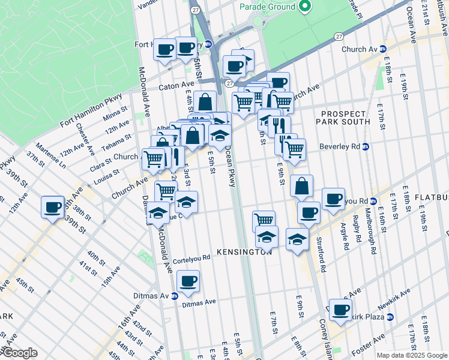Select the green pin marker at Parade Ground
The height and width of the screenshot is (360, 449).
coord(305,7)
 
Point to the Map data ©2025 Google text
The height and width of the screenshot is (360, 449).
coord(412,355)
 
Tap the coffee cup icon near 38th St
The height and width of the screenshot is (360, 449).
coord(53,207)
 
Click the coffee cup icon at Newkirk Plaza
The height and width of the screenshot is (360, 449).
coord(340,310)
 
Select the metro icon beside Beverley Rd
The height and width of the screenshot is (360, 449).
coord(365,146)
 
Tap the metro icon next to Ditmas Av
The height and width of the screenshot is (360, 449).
coord(174,296)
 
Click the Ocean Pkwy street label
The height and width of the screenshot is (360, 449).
coord(232,168)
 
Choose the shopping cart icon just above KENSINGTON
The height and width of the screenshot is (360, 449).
coord(264,220)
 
